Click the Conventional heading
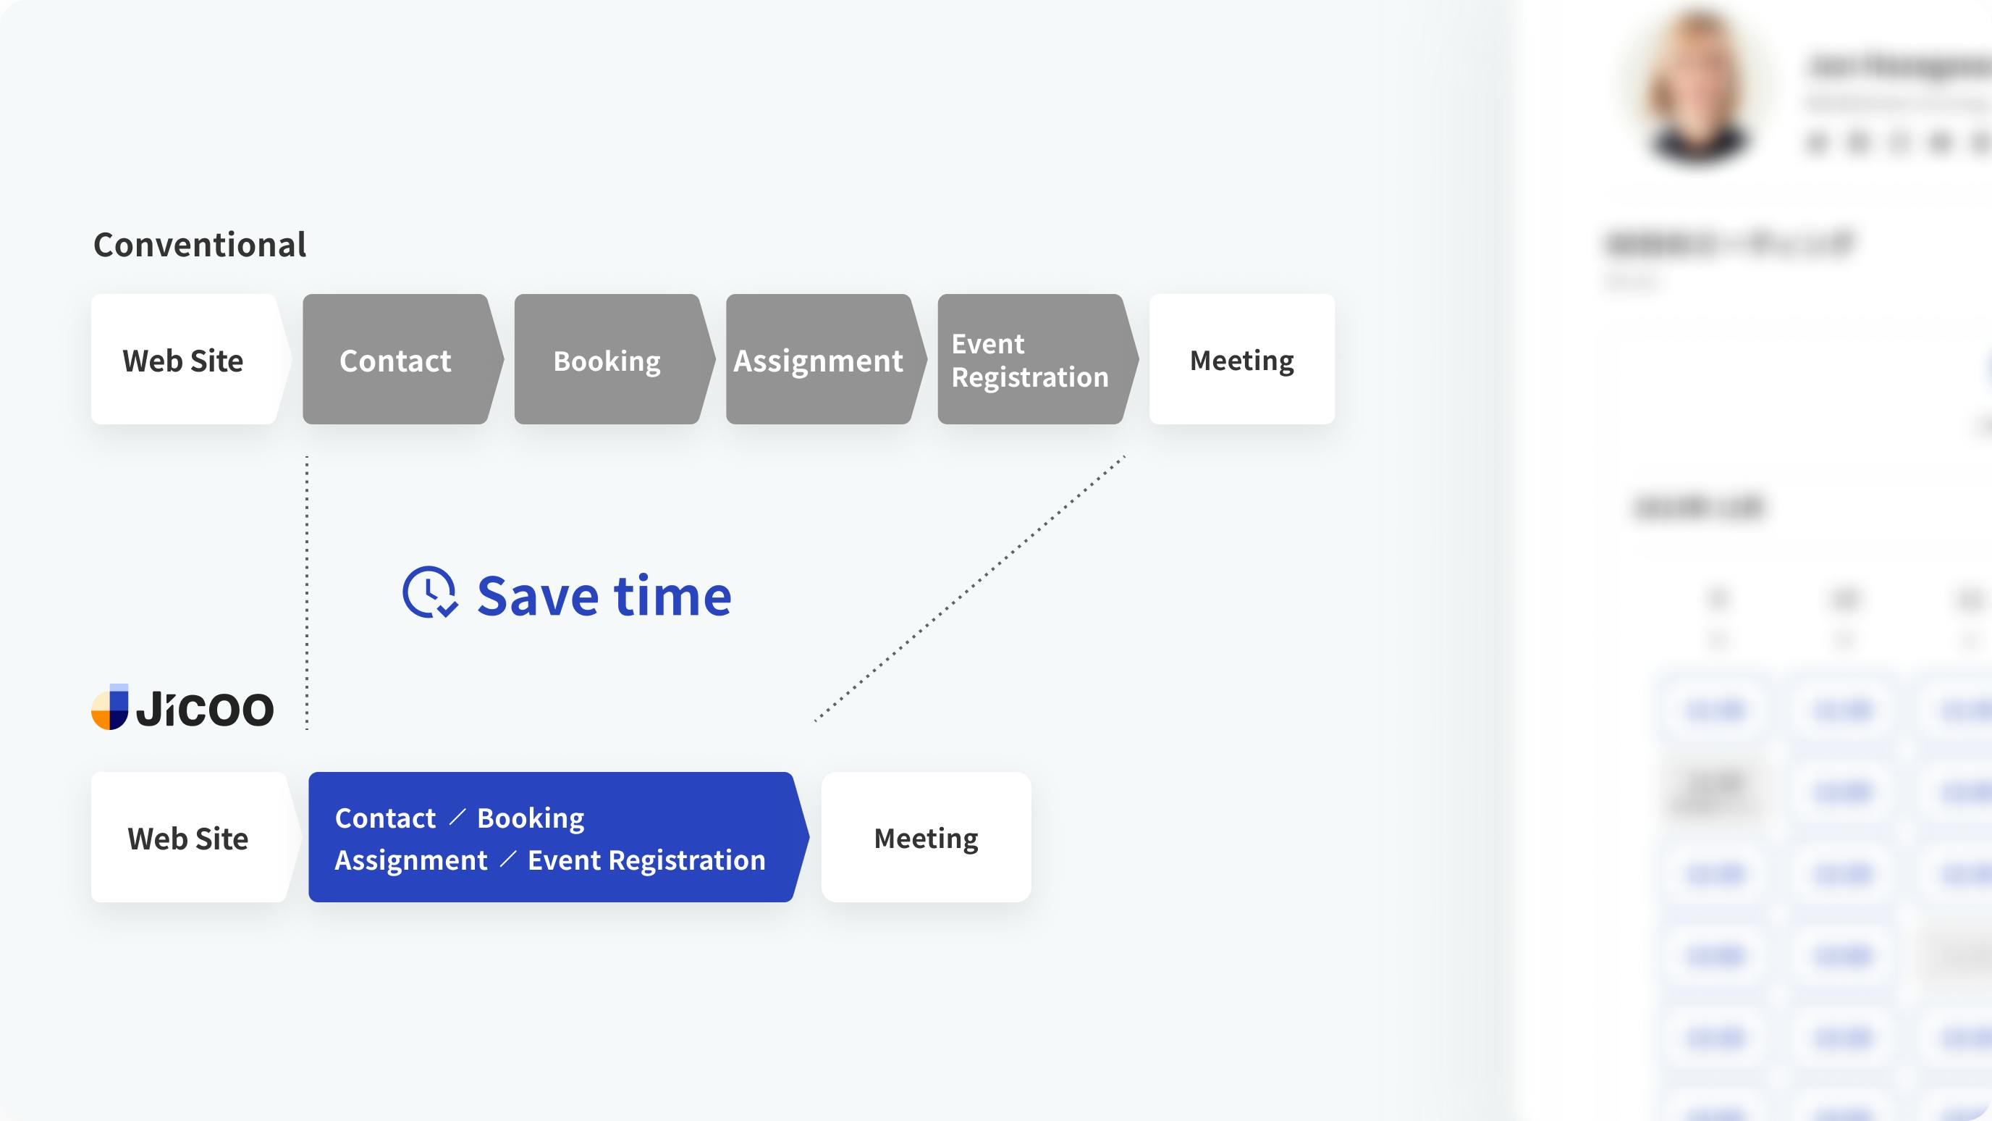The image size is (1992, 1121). point(200,245)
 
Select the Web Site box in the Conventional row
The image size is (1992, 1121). point(183,360)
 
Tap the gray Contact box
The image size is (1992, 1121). point(395,360)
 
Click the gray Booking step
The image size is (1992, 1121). point(607,360)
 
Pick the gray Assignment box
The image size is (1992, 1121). point(818,360)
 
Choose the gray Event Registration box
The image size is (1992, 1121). point(1029,360)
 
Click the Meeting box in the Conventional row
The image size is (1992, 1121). point(1241,360)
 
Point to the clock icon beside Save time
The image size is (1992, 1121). point(429,592)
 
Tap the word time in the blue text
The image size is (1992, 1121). point(672,597)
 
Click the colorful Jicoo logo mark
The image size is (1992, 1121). point(110,707)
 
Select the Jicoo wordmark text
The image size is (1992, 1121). point(205,709)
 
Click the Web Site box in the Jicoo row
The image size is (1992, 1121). point(188,838)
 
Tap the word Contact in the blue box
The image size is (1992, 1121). point(385,818)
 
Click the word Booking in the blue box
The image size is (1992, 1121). point(531,818)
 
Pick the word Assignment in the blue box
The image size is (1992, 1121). point(410,860)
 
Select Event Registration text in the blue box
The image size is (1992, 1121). point(646,860)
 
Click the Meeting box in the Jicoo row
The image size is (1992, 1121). point(926,838)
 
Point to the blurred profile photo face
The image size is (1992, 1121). point(1698,85)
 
